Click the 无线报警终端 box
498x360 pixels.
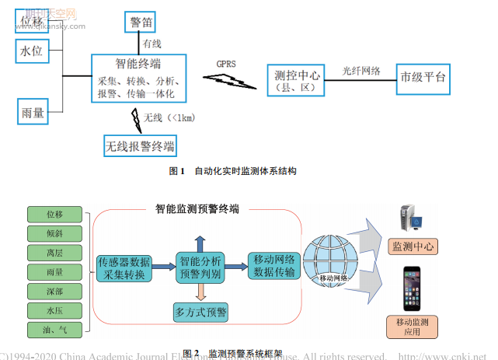[x=140, y=145]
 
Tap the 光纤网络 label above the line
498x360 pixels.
[x=361, y=70]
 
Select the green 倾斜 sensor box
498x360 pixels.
[x=54, y=233]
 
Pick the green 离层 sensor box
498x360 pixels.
[x=54, y=253]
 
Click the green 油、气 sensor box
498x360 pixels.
[x=54, y=330]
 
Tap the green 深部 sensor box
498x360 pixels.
[x=54, y=292]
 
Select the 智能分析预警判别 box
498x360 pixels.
[x=200, y=267]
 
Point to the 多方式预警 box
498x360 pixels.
[x=200, y=313]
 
